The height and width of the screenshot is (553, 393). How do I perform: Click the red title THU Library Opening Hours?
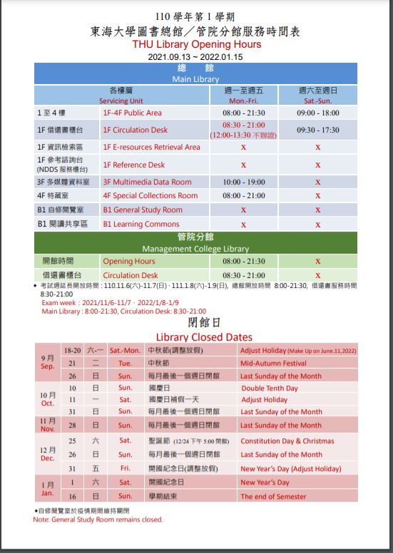[x=196, y=44]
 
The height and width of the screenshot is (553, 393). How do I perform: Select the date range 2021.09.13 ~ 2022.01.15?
[x=196, y=56]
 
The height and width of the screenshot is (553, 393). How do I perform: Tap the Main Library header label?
[x=195, y=79]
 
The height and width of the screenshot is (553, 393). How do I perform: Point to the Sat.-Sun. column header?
[x=317, y=101]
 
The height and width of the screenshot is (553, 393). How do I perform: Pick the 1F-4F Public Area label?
[x=132, y=113]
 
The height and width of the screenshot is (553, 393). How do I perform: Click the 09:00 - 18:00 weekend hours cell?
[x=317, y=113]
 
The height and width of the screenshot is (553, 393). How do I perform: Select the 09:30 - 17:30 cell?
[x=317, y=130]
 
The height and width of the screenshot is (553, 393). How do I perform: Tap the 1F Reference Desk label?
[x=133, y=165]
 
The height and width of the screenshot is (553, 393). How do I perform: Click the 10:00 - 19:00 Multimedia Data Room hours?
[x=243, y=182]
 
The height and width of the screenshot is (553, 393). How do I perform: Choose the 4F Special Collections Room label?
[x=150, y=195]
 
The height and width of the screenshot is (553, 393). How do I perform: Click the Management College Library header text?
[x=195, y=249]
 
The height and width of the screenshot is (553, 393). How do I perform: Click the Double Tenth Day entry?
[x=269, y=388]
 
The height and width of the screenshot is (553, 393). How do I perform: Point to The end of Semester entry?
[x=273, y=497]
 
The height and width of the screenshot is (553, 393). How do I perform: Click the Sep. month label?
[x=47, y=366]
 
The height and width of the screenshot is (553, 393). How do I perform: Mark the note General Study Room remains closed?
[x=98, y=520]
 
